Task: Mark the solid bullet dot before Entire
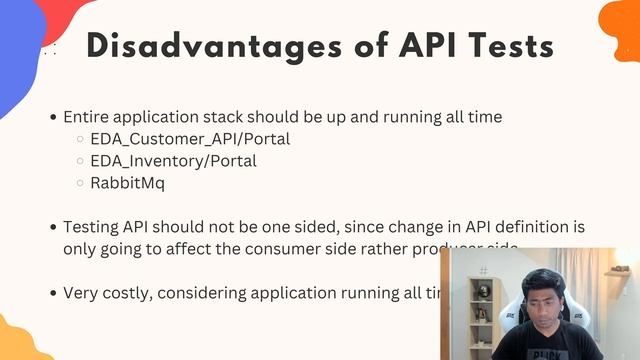[x=53, y=117]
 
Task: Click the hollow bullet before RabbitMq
[x=80, y=183]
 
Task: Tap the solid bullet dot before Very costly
[x=53, y=293]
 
